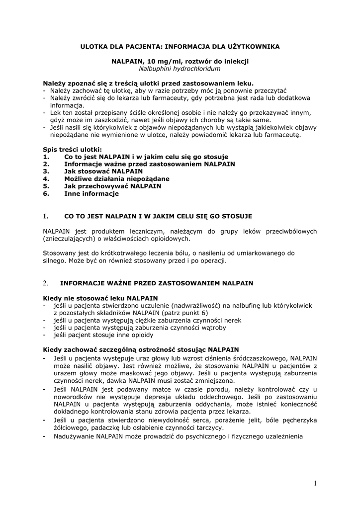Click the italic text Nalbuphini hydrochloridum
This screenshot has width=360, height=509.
[x=180, y=69]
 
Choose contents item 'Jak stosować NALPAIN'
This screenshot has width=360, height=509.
[x=103, y=171]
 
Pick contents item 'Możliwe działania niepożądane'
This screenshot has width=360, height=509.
[x=116, y=178]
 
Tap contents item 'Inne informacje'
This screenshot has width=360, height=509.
[x=91, y=193]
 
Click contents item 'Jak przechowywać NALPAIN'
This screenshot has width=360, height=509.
[x=112, y=186]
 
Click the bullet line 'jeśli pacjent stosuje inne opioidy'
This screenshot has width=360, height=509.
[x=104, y=335]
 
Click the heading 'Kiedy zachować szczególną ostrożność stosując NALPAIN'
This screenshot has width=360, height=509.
[x=141, y=349]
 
